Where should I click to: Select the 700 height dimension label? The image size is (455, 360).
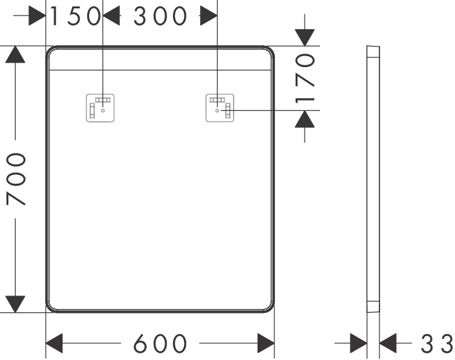coord(15,179)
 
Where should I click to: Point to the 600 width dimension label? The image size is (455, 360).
coord(160,342)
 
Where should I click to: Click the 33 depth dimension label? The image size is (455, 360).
coord(438,342)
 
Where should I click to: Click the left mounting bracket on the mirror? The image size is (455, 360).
coord(101,108)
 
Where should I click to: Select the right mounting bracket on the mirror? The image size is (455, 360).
coord(219,108)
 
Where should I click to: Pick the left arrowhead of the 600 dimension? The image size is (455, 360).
coord(54,342)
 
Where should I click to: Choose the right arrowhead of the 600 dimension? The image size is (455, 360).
coord(266,342)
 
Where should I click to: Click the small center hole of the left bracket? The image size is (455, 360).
coord(103,110)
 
